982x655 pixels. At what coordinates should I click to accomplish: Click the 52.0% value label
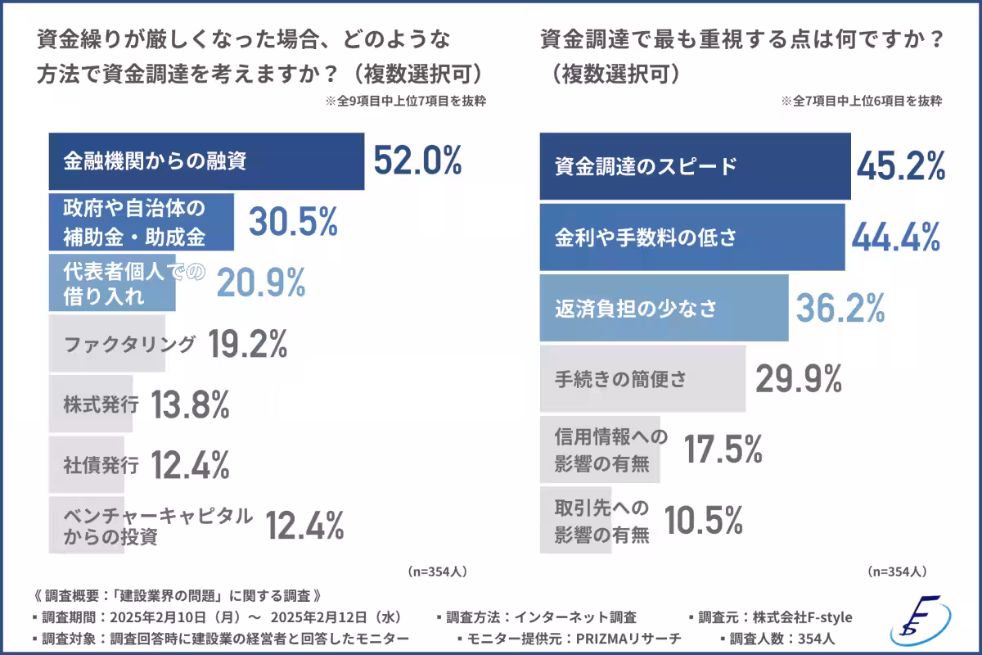point(417,160)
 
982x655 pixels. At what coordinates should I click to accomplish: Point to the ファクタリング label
point(129,344)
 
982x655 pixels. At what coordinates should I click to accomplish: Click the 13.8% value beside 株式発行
point(191,404)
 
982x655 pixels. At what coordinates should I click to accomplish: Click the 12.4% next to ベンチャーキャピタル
point(305,526)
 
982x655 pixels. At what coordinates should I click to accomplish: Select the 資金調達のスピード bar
point(695,167)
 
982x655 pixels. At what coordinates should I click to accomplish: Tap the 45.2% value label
point(901,166)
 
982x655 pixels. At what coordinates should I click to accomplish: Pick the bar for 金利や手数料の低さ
point(692,237)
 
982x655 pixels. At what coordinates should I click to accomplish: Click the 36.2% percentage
point(840,309)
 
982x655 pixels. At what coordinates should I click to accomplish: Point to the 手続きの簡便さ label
point(620,379)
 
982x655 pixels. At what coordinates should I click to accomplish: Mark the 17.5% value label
point(723,449)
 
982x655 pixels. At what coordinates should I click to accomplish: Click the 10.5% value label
point(703,519)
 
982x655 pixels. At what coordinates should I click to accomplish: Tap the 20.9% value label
point(260,282)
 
